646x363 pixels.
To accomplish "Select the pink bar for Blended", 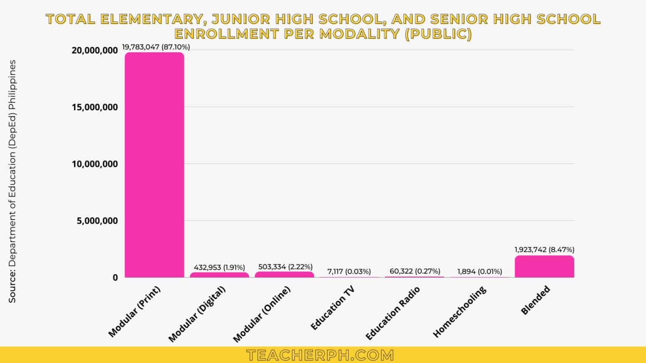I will [x=544, y=267].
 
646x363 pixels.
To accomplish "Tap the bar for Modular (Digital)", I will [x=219, y=275].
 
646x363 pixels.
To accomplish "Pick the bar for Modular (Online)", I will [x=284, y=274].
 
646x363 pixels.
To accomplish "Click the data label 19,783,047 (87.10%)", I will [x=156, y=47].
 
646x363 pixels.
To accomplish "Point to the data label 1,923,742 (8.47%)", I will [x=544, y=250].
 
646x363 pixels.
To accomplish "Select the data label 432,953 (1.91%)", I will [x=219, y=267].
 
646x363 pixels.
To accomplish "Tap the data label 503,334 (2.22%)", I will [x=285, y=267].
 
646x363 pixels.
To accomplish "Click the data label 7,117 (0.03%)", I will [x=349, y=271].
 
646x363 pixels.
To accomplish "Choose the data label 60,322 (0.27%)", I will [x=415, y=271].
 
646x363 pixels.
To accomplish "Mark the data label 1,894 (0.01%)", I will [x=479, y=271].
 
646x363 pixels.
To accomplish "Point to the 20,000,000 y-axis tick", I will [x=95, y=50].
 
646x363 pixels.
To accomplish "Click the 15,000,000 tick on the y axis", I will [x=95, y=107].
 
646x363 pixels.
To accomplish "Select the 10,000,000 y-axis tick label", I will [x=95, y=164].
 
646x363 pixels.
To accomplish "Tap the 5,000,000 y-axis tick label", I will [x=97, y=221].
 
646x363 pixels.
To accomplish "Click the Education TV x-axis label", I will [x=332, y=308].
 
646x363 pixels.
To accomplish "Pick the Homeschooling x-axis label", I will [x=459, y=312].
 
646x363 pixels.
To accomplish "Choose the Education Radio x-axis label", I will [x=392, y=313].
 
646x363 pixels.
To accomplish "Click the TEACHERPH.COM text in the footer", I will [x=320, y=355].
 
